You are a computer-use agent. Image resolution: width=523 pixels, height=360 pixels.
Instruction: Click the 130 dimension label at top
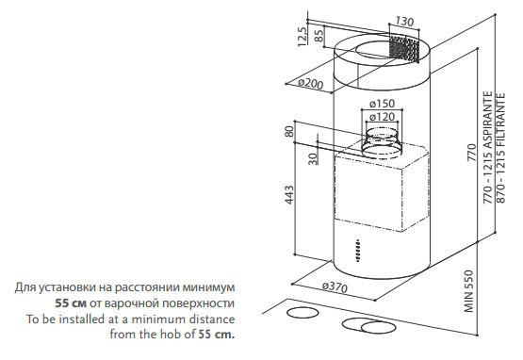(x=404, y=22)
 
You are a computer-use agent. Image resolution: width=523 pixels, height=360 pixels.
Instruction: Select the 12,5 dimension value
(x=302, y=37)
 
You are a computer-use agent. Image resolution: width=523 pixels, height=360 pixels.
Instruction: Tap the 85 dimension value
(x=319, y=36)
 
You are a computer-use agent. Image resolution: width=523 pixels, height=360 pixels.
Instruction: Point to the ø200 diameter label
(x=311, y=83)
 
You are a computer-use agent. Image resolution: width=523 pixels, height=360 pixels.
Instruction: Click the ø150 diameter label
(x=383, y=104)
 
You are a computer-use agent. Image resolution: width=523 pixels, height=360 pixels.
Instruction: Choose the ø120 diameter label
(x=383, y=117)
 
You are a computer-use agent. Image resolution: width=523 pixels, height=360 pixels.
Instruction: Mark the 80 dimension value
(x=289, y=131)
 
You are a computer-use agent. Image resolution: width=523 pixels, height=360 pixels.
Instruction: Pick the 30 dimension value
(x=313, y=158)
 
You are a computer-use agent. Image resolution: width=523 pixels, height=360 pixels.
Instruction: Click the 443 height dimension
(x=289, y=194)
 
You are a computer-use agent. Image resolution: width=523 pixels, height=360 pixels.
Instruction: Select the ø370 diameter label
(x=335, y=286)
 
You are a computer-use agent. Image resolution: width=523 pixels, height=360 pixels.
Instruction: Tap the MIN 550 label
(x=468, y=291)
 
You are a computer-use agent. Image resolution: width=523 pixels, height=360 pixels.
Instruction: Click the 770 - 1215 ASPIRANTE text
(x=487, y=147)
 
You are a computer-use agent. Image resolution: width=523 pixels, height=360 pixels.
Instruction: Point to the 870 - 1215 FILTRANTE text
(x=501, y=148)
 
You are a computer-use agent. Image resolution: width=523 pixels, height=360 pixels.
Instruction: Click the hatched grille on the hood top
(x=404, y=49)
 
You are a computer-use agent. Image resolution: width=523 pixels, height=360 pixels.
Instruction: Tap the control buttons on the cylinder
(x=357, y=251)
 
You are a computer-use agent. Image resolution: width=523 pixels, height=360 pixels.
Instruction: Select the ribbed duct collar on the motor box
(x=382, y=143)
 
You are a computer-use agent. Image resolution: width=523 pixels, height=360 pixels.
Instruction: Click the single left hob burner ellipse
(x=302, y=313)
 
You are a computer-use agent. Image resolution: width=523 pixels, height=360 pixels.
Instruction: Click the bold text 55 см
(x=71, y=303)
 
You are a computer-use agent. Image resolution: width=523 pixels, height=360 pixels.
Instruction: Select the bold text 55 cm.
(x=217, y=334)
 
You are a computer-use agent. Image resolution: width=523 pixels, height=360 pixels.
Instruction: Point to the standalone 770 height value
(x=471, y=152)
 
